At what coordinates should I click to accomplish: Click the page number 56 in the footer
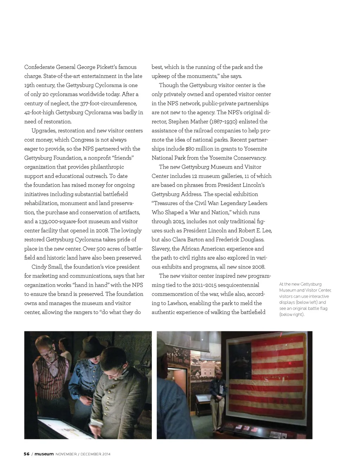[27, 454]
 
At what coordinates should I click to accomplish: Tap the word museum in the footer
[44, 454]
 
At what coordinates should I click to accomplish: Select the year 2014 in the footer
[106, 454]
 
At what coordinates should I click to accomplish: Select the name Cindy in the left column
[39, 267]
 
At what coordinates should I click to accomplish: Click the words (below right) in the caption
[291, 314]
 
